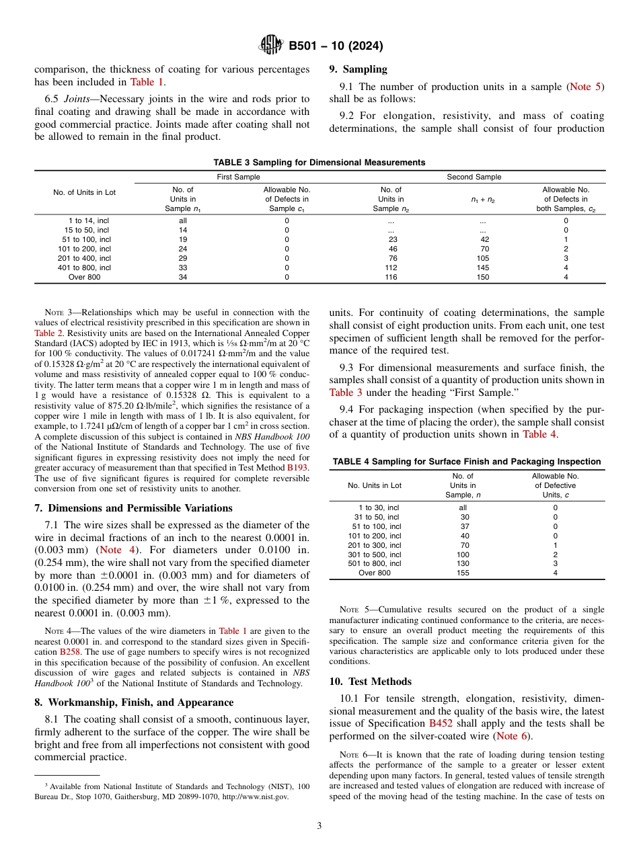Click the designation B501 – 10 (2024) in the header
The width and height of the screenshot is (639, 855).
pos(336,46)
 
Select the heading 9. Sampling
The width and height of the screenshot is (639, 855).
pos(358,69)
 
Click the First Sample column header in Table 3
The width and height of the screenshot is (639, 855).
pos(237,177)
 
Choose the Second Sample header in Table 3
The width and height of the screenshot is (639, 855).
pos(474,177)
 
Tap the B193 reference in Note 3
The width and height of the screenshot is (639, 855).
pos(298,466)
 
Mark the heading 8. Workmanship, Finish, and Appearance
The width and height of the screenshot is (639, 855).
pos(134,702)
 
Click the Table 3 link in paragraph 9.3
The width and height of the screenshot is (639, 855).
pos(346,393)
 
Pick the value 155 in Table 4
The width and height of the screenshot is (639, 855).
pos(463,573)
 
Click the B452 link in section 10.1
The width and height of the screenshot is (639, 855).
pos(441,723)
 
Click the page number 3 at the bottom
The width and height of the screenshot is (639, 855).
pos(319,825)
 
